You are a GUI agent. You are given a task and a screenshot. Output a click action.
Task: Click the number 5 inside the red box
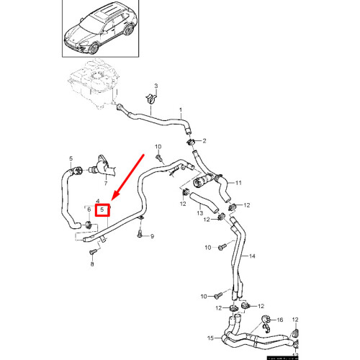[102, 210]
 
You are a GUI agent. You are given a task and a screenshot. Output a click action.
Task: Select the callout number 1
[181, 109]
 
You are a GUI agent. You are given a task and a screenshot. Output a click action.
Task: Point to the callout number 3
[156, 86]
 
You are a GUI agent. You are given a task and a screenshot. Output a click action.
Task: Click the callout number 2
[204, 140]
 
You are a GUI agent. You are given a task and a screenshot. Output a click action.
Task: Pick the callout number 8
[92, 265]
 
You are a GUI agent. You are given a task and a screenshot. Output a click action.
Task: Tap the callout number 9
[152, 236]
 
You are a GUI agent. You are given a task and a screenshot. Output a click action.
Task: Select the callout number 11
[239, 182]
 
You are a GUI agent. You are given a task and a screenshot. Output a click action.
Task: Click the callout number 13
[201, 214]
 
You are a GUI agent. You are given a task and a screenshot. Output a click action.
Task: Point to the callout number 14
[252, 256]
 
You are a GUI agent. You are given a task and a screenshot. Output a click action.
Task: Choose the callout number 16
[280, 319]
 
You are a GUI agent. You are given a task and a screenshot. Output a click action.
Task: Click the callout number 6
[89, 210]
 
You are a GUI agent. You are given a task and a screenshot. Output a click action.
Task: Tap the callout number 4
[98, 202]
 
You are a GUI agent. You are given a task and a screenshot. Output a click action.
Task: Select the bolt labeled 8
[91, 253]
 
